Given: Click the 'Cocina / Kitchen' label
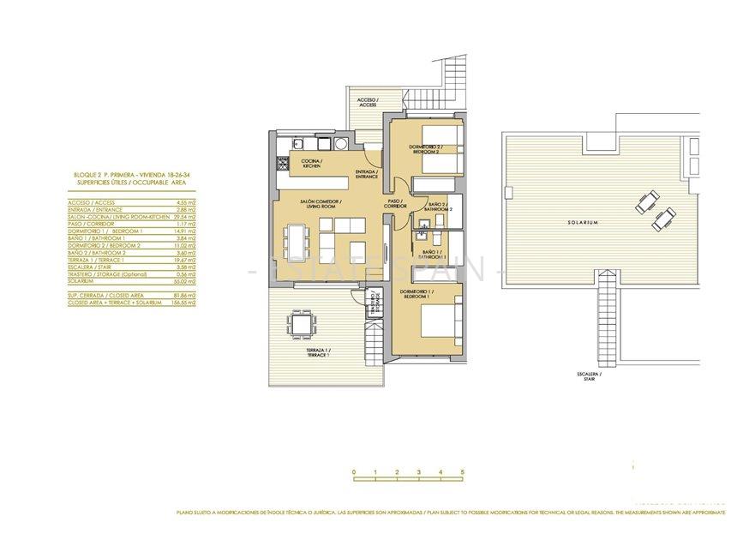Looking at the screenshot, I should [310, 163].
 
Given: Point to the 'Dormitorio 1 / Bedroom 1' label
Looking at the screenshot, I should [416, 294].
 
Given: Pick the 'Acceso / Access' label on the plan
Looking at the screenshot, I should [367, 102].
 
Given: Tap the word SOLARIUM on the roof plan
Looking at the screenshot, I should [582, 222].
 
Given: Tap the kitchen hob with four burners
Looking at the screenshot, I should [282, 162].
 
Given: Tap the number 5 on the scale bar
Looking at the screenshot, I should [462, 472].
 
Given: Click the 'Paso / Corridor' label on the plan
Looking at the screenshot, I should [395, 204].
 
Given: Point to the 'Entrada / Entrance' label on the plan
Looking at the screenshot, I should [367, 174].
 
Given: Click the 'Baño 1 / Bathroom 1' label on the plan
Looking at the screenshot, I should [434, 255].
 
